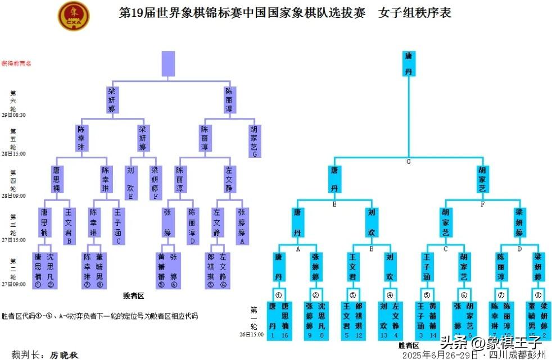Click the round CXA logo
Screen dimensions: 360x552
coord(74,16)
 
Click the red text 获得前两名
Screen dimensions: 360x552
coord(16,63)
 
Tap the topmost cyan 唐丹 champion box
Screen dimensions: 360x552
coord(409,63)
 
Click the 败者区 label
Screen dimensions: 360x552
coord(134,295)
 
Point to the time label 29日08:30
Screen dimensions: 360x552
coord(13,115)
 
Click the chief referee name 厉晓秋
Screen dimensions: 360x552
coord(64,354)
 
